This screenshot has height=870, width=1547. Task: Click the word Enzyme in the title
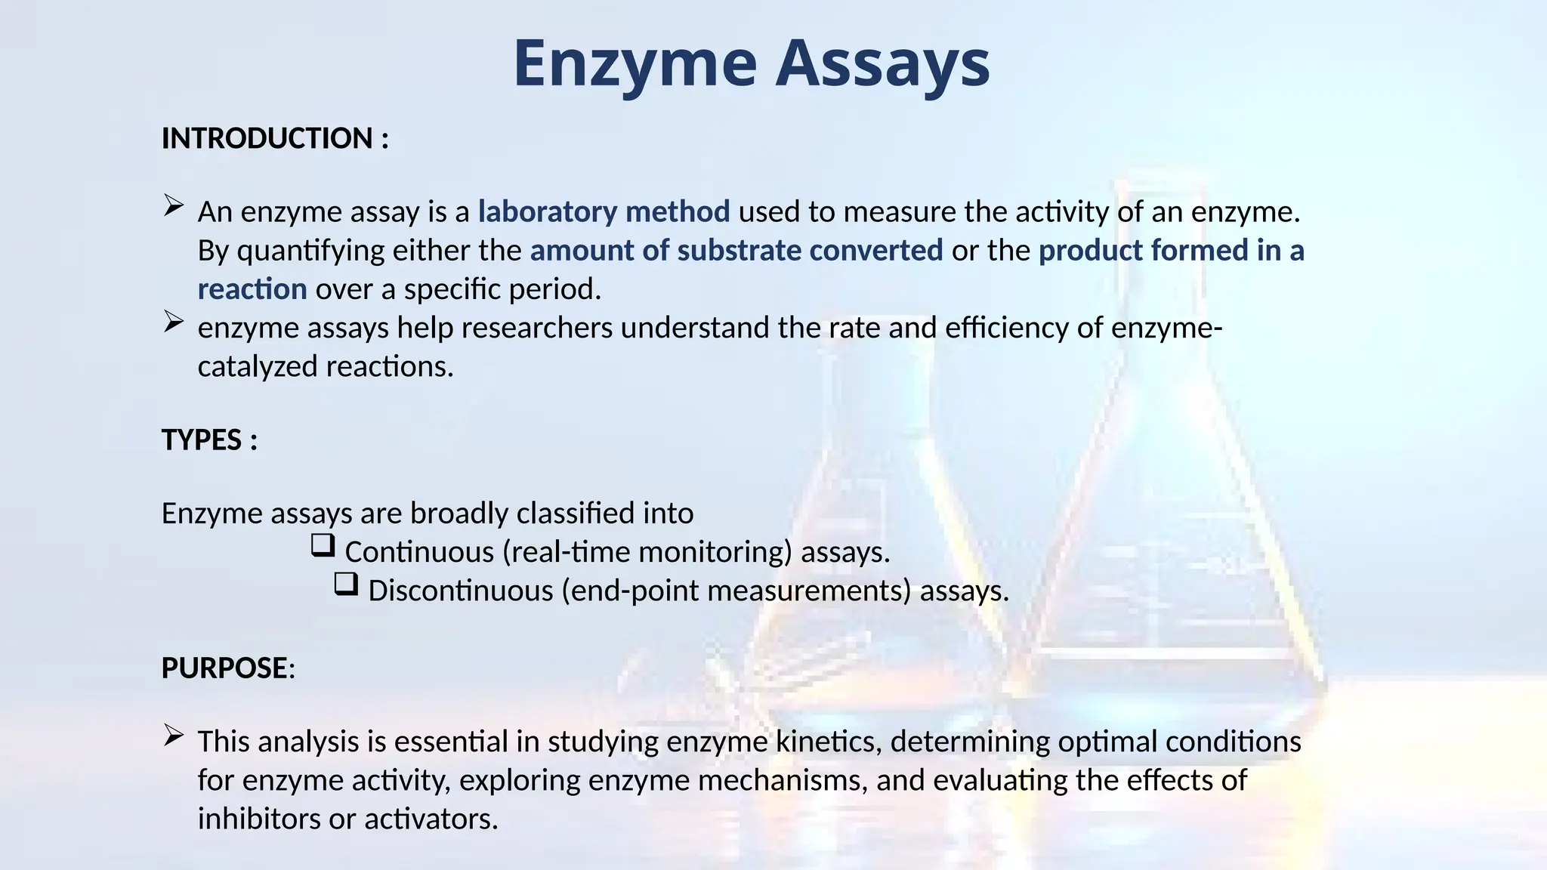coord(635,63)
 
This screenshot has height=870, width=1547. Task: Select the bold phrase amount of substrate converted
coord(736,251)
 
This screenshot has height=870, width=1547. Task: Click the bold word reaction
coord(252,289)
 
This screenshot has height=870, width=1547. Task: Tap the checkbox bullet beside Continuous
coord(323,545)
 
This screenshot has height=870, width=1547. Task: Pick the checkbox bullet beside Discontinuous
coord(346,584)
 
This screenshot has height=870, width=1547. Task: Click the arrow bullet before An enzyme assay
coord(174,205)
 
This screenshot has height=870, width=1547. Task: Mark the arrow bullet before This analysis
coord(174,736)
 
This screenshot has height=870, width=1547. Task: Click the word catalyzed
coord(258,367)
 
